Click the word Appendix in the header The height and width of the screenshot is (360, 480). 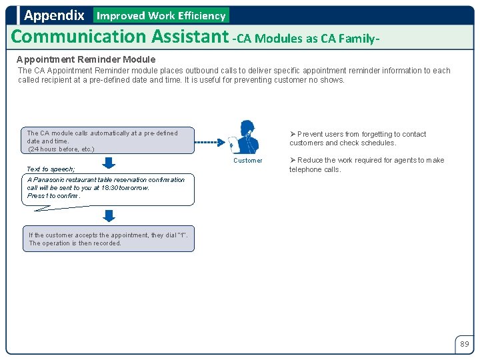click(54, 15)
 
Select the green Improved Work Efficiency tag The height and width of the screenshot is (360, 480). click(161, 15)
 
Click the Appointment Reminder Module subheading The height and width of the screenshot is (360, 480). click(86, 59)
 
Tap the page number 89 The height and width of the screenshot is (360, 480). click(464, 344)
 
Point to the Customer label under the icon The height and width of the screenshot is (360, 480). click(247, 161)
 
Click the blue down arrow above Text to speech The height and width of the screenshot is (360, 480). click(109, 162)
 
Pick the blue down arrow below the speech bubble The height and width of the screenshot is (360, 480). click(109, 215)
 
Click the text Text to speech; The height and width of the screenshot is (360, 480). click(51, 169)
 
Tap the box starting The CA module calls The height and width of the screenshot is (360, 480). click(110, 141)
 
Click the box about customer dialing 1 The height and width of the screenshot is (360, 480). click(110, 239)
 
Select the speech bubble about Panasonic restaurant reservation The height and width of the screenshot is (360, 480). click(110, 189)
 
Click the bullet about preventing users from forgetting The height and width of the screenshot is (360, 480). click(357, 138)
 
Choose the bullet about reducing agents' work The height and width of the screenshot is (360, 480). click(366, 165)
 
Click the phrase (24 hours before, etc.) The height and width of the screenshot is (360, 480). click(61, 149)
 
